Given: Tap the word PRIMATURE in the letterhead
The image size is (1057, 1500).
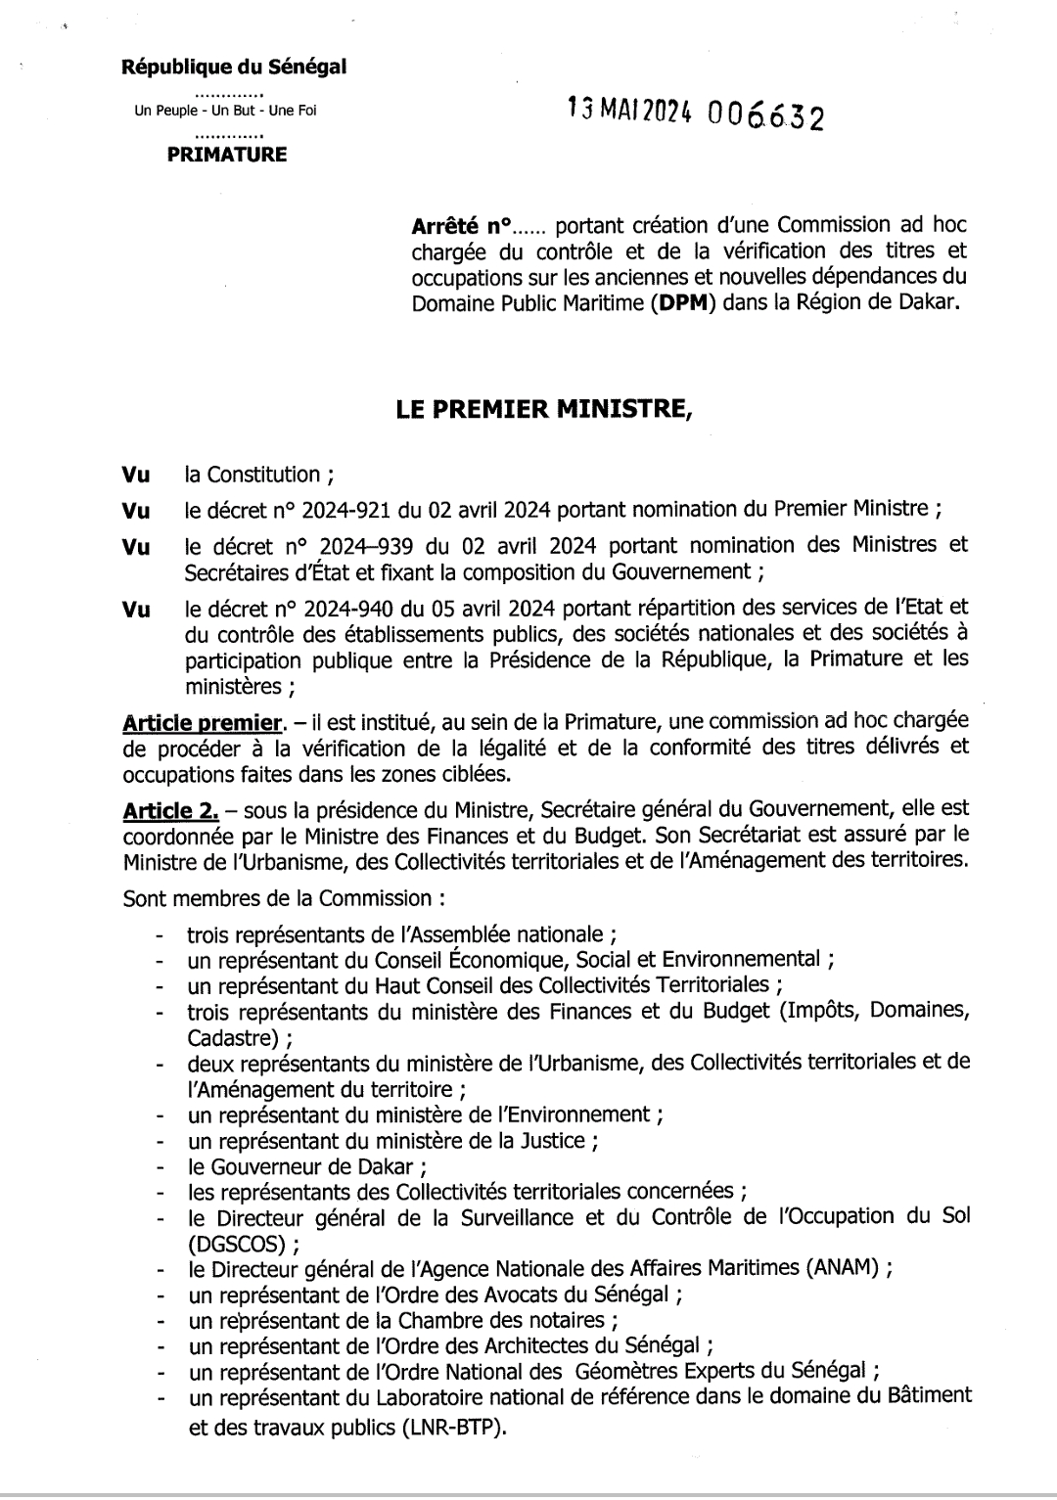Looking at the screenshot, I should point(227,155).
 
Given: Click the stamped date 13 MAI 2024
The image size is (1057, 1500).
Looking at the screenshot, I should point(632,113).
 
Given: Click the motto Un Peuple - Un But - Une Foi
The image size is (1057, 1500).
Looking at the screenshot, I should point(225,112).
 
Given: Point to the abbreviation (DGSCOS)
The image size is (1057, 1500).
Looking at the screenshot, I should point(237,1244).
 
